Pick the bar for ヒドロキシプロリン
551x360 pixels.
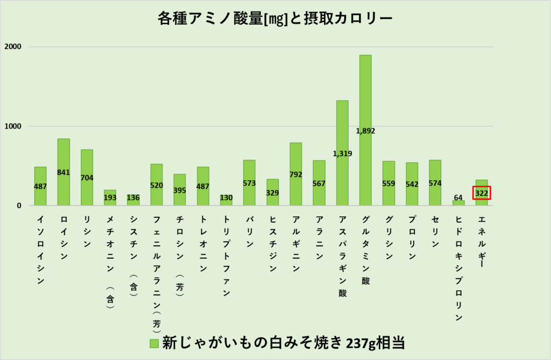point(458,203)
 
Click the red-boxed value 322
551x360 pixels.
point(482,193)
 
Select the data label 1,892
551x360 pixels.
point(365,131)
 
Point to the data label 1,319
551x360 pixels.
point(342,154)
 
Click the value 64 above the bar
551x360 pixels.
point(458,197)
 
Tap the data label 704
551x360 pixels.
point(87,178)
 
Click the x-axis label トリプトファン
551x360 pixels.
point(227,256)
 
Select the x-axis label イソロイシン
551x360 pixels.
point(40,250)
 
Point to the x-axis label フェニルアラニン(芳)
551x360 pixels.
point(157,274)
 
